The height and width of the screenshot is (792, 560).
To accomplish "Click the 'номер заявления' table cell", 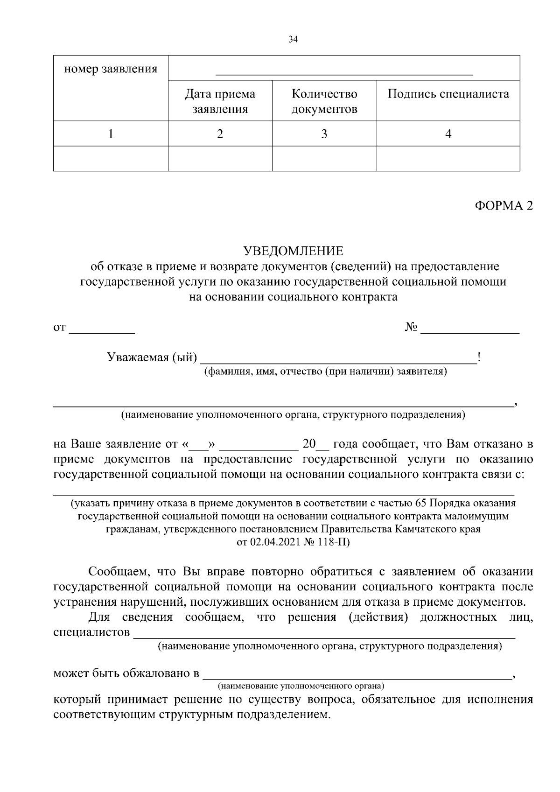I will pos(111,70).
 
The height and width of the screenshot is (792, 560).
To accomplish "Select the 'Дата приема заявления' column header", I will pos(220,101).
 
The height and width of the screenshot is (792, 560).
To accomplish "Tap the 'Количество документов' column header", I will pos(324,101).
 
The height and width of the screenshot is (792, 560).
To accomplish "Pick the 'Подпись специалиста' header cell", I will pos(448,94).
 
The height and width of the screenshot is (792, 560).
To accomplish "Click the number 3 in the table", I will pos(324,134).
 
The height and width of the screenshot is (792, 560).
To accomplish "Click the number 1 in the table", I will pos(111,134).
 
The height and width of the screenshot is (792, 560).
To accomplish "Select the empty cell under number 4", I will pos(448,159).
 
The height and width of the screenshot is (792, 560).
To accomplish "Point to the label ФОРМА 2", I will pos(504,206).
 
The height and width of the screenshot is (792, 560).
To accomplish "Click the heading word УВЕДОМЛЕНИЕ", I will pos(293,251).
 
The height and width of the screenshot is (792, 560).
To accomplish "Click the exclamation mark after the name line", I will pos(479,357).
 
